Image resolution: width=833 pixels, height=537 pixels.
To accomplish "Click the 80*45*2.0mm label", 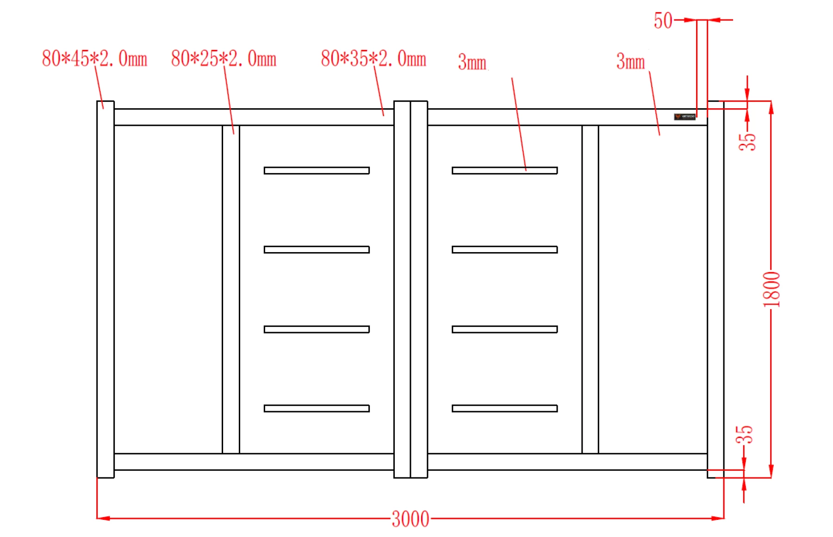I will tap(94, 59).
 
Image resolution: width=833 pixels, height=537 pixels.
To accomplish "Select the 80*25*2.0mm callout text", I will tap(224, 59).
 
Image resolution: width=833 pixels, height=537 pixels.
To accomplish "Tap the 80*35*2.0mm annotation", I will tap(373, 59).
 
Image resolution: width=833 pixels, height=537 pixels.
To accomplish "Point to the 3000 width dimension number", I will tap(410, 519).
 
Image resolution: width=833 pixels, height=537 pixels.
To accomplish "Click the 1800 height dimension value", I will tap(771, 290).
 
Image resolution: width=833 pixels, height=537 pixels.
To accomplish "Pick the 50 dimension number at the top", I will tap(663, 21).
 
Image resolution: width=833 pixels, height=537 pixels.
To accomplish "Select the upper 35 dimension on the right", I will tap(747, 142).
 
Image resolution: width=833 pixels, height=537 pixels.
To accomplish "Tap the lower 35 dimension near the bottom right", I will tap(745, 435).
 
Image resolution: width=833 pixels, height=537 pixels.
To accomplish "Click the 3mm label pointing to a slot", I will tap(472, 62).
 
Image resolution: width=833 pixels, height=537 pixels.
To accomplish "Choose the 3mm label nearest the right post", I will tap(630, 62).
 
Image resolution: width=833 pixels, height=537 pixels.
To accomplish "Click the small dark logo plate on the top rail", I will tap(684, 117).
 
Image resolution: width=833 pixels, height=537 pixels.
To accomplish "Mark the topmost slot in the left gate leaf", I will tap(317, 171).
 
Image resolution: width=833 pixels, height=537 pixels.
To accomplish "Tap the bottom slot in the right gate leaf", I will tap(504, 408).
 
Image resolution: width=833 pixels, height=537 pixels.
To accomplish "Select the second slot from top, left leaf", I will tap(317, 250).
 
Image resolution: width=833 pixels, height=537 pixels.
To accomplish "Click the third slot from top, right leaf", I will tap(504, 329).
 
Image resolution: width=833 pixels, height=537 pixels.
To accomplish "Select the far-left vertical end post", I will tap(106, 289).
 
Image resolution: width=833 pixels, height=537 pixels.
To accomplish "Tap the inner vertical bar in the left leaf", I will tap(231, 289).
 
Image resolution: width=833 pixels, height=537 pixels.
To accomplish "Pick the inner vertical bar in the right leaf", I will tap(590, 289).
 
